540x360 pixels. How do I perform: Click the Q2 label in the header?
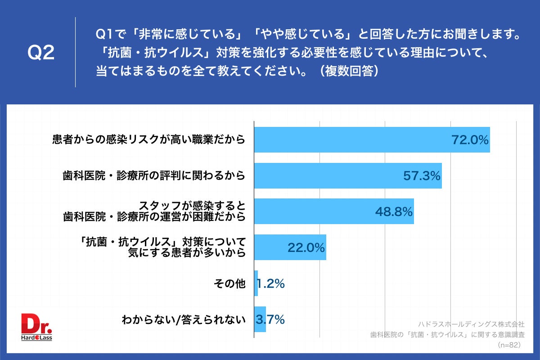41,53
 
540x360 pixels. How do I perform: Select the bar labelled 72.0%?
351,139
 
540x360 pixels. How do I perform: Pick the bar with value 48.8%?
315,211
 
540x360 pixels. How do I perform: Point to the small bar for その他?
256,283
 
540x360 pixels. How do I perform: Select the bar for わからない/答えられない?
260,319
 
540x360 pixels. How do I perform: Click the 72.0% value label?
470,140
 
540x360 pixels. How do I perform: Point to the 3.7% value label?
270,320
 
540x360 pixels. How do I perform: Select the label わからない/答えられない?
184,320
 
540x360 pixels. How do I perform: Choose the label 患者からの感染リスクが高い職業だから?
149,140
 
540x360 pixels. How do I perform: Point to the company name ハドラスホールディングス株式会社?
471,324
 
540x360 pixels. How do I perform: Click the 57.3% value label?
422,176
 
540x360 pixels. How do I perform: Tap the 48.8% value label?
394,212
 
